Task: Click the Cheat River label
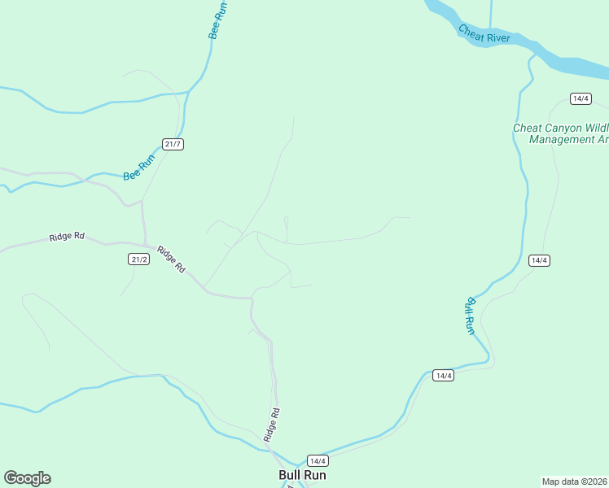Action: (484, 34)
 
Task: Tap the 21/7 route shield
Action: (173, 144)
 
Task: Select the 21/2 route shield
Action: (139, 259)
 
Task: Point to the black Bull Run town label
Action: (302, 475)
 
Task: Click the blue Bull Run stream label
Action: (469, 315)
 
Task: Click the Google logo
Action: (27, 478)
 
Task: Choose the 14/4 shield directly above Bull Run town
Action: (318, 460)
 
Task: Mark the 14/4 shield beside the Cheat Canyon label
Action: (581, 98)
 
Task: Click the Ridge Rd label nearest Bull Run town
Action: (272, 425)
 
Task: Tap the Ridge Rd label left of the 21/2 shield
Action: (67, 237)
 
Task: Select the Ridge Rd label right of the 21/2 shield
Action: (172, 259)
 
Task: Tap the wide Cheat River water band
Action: (562, 59)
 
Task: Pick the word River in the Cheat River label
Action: (496, 38)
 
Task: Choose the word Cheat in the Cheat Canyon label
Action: (526, 128)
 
